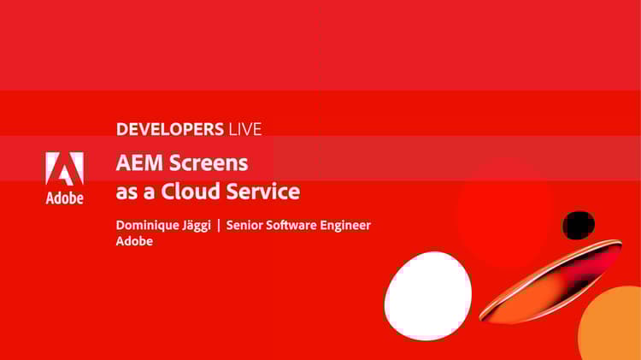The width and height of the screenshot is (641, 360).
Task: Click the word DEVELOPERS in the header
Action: pyautogui.click(x=169, y=130)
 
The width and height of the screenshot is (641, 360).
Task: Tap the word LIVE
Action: pyautogui.click(x=244, y=130)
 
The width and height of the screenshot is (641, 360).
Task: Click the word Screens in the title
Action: pyautogui.click(x=209, y=162)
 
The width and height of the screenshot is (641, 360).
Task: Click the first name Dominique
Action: pyautogui.click(x=150, y=225)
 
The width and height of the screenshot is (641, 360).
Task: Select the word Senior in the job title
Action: pyautogui.click(x=249, y=225)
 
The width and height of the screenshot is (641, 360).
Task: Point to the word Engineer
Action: pyautogui.click(x=350, y=226)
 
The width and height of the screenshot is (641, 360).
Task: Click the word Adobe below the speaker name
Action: pyautogui.click(x=134, y=241)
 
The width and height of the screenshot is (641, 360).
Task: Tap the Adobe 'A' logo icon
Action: pyautogui.click(x=64, y=169)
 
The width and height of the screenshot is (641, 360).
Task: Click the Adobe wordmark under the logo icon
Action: pyautogui.click(x=64, y=198)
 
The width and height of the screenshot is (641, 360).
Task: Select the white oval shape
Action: pyautogui.click(x=428, y=296)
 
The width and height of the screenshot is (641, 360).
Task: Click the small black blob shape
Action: pyautogui.click(x=579, y=225)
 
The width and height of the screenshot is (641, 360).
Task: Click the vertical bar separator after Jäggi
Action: pyautogui.click(x=219, y=225)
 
